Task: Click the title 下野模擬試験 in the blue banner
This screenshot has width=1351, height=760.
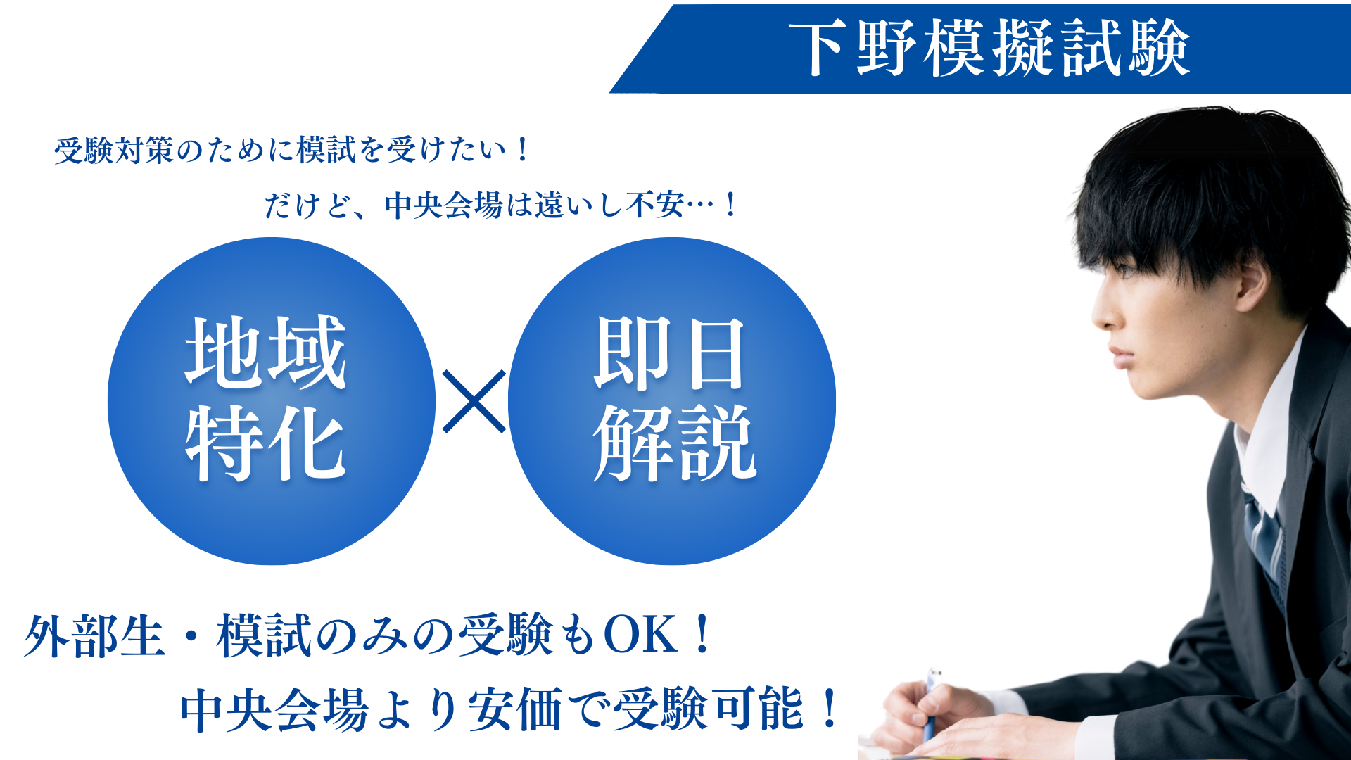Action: pos(989,48)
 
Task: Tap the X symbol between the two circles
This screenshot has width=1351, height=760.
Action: pos(474,401)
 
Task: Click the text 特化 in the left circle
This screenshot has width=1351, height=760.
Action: pos(266,443)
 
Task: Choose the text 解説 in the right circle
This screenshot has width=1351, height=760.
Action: pos(674,443)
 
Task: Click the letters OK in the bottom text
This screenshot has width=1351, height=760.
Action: pos(640,635)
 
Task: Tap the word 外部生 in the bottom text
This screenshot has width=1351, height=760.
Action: pos(94,635)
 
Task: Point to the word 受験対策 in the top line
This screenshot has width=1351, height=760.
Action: pos(115,150)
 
